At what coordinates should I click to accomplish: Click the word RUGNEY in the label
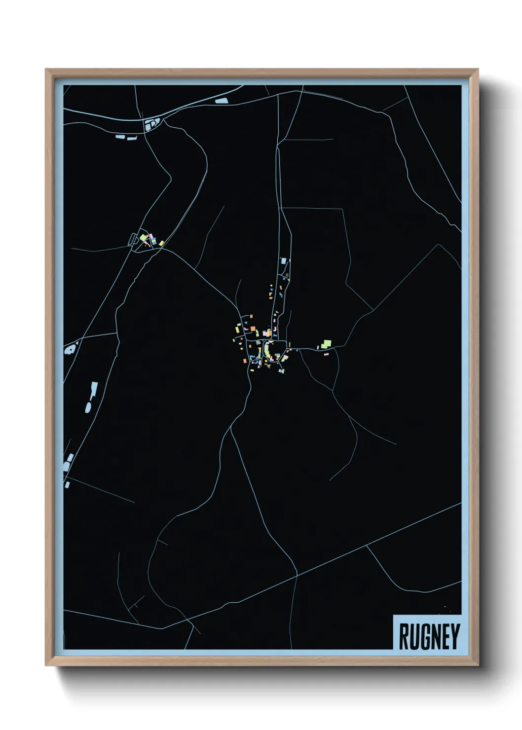[x=429, y=636]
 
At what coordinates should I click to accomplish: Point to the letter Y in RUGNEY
[x=455, y=637]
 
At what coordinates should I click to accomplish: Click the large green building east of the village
[x=326, y=343]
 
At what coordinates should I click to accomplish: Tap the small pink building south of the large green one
[x=326, y=354]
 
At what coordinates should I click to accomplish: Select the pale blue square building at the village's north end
[x=283, y=260]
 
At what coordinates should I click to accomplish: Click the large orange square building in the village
[x=252, y=328]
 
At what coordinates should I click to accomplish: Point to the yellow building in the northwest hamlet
[x=161, y=243]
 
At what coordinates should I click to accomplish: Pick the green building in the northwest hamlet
[x=144, y=238]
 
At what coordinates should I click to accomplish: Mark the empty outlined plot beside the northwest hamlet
[x=132, y=239]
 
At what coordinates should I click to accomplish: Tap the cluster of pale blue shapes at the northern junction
[x=152, y=123]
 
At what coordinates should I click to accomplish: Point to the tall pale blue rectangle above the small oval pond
[x=94, y=389]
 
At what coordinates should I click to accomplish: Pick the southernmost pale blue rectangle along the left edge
[x=67, y=485]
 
